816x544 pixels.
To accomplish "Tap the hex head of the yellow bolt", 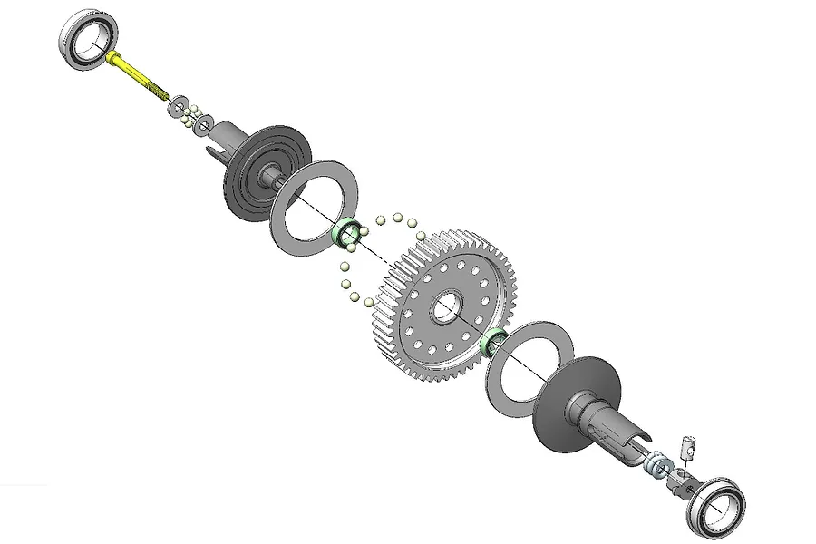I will (112, 57).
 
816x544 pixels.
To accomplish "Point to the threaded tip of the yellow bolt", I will (160, 92).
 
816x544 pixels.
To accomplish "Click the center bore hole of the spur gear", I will (446, 308).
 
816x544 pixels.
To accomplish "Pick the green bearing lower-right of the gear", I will (494, 343).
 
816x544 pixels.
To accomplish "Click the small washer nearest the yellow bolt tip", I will (177, 101).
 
